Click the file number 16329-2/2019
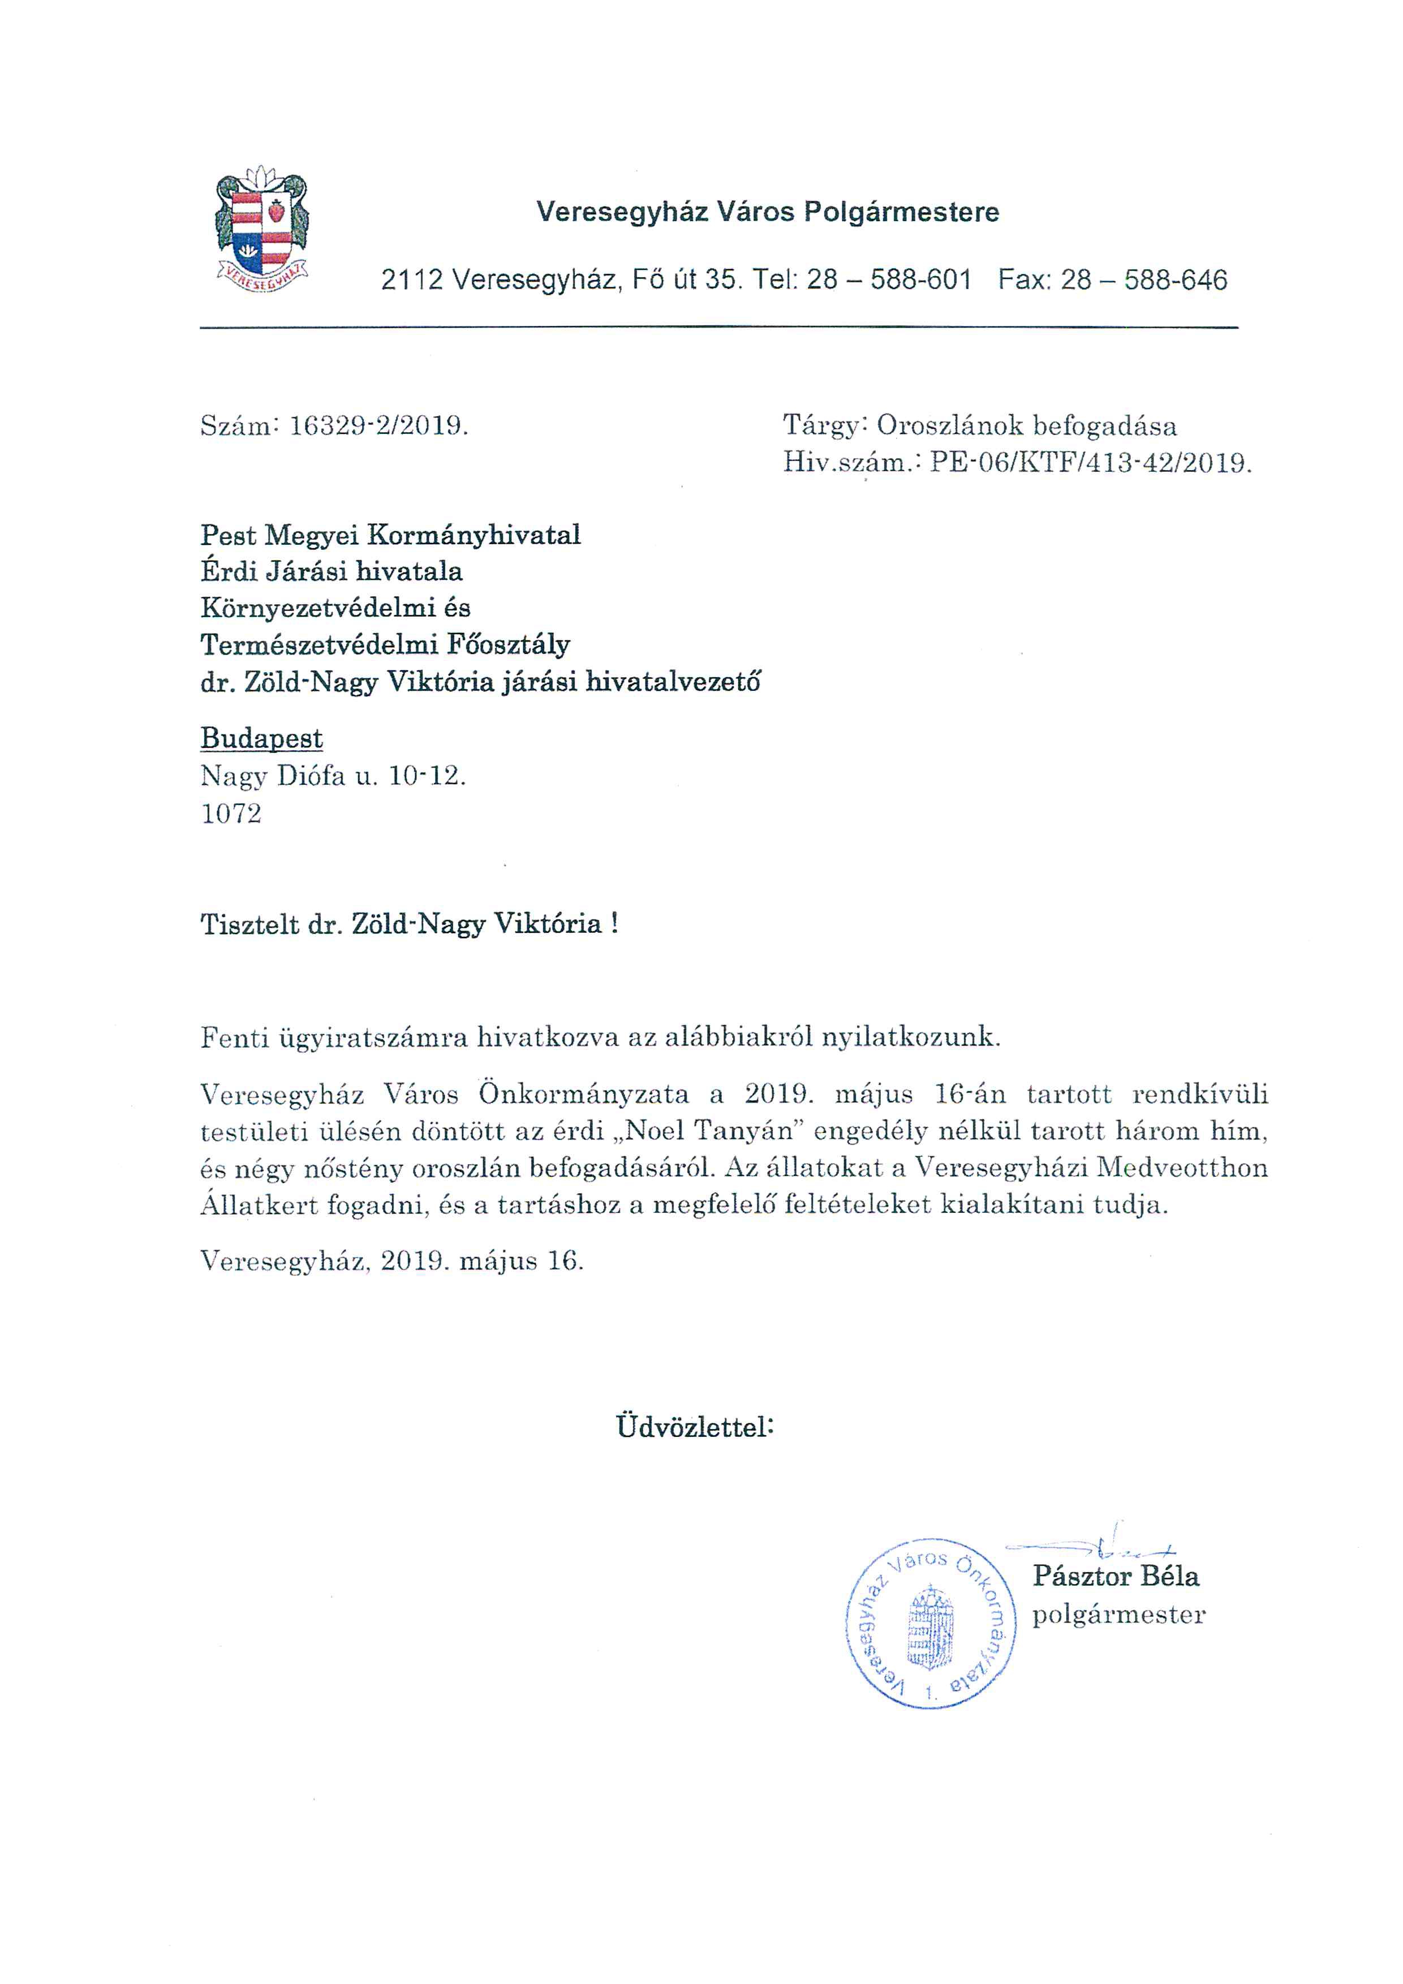click(378, 426)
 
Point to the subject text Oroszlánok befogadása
click(1026, 426)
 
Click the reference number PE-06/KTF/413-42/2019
click(1090, 463)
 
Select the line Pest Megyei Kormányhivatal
click(390, 535)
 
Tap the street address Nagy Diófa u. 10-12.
click(333, 776)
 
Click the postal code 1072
click(231, 813)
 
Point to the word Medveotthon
click(1181, 1168)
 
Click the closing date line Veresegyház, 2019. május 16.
click(391, 1261)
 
